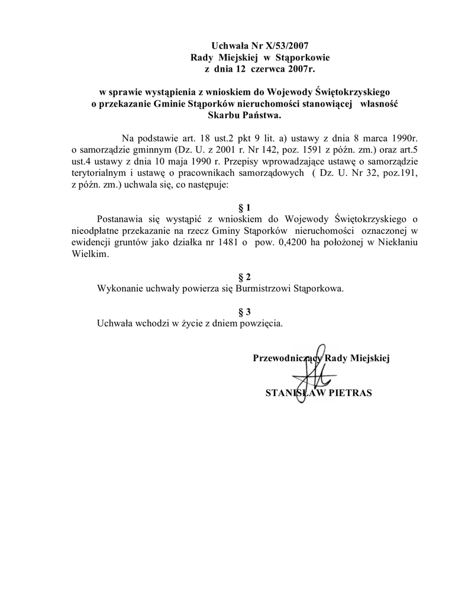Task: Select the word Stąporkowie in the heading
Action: click(302, 57)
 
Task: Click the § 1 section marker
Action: click(244, 208)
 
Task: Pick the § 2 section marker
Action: click(244, 277)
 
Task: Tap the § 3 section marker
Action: click(244, 312)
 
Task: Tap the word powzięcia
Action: click(262, 324)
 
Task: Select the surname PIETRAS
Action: click(350, 393)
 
